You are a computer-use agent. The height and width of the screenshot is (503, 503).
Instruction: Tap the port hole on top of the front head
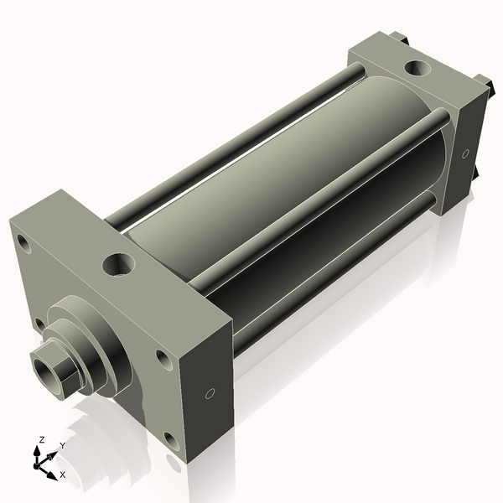[x=117, y=265]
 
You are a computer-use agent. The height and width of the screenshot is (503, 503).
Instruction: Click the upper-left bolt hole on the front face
[x=23, y=246]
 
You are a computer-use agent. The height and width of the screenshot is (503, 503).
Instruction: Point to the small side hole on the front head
[x=210, y=392]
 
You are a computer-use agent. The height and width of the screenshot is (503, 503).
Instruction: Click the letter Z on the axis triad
[x=42, y=440]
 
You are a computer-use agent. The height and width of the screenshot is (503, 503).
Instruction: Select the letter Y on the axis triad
[x=62, y=446]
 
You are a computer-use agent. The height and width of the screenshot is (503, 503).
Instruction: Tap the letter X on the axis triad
[x=62, y=474]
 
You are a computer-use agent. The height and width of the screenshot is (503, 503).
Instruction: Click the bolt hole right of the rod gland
[x=163, y=358]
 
